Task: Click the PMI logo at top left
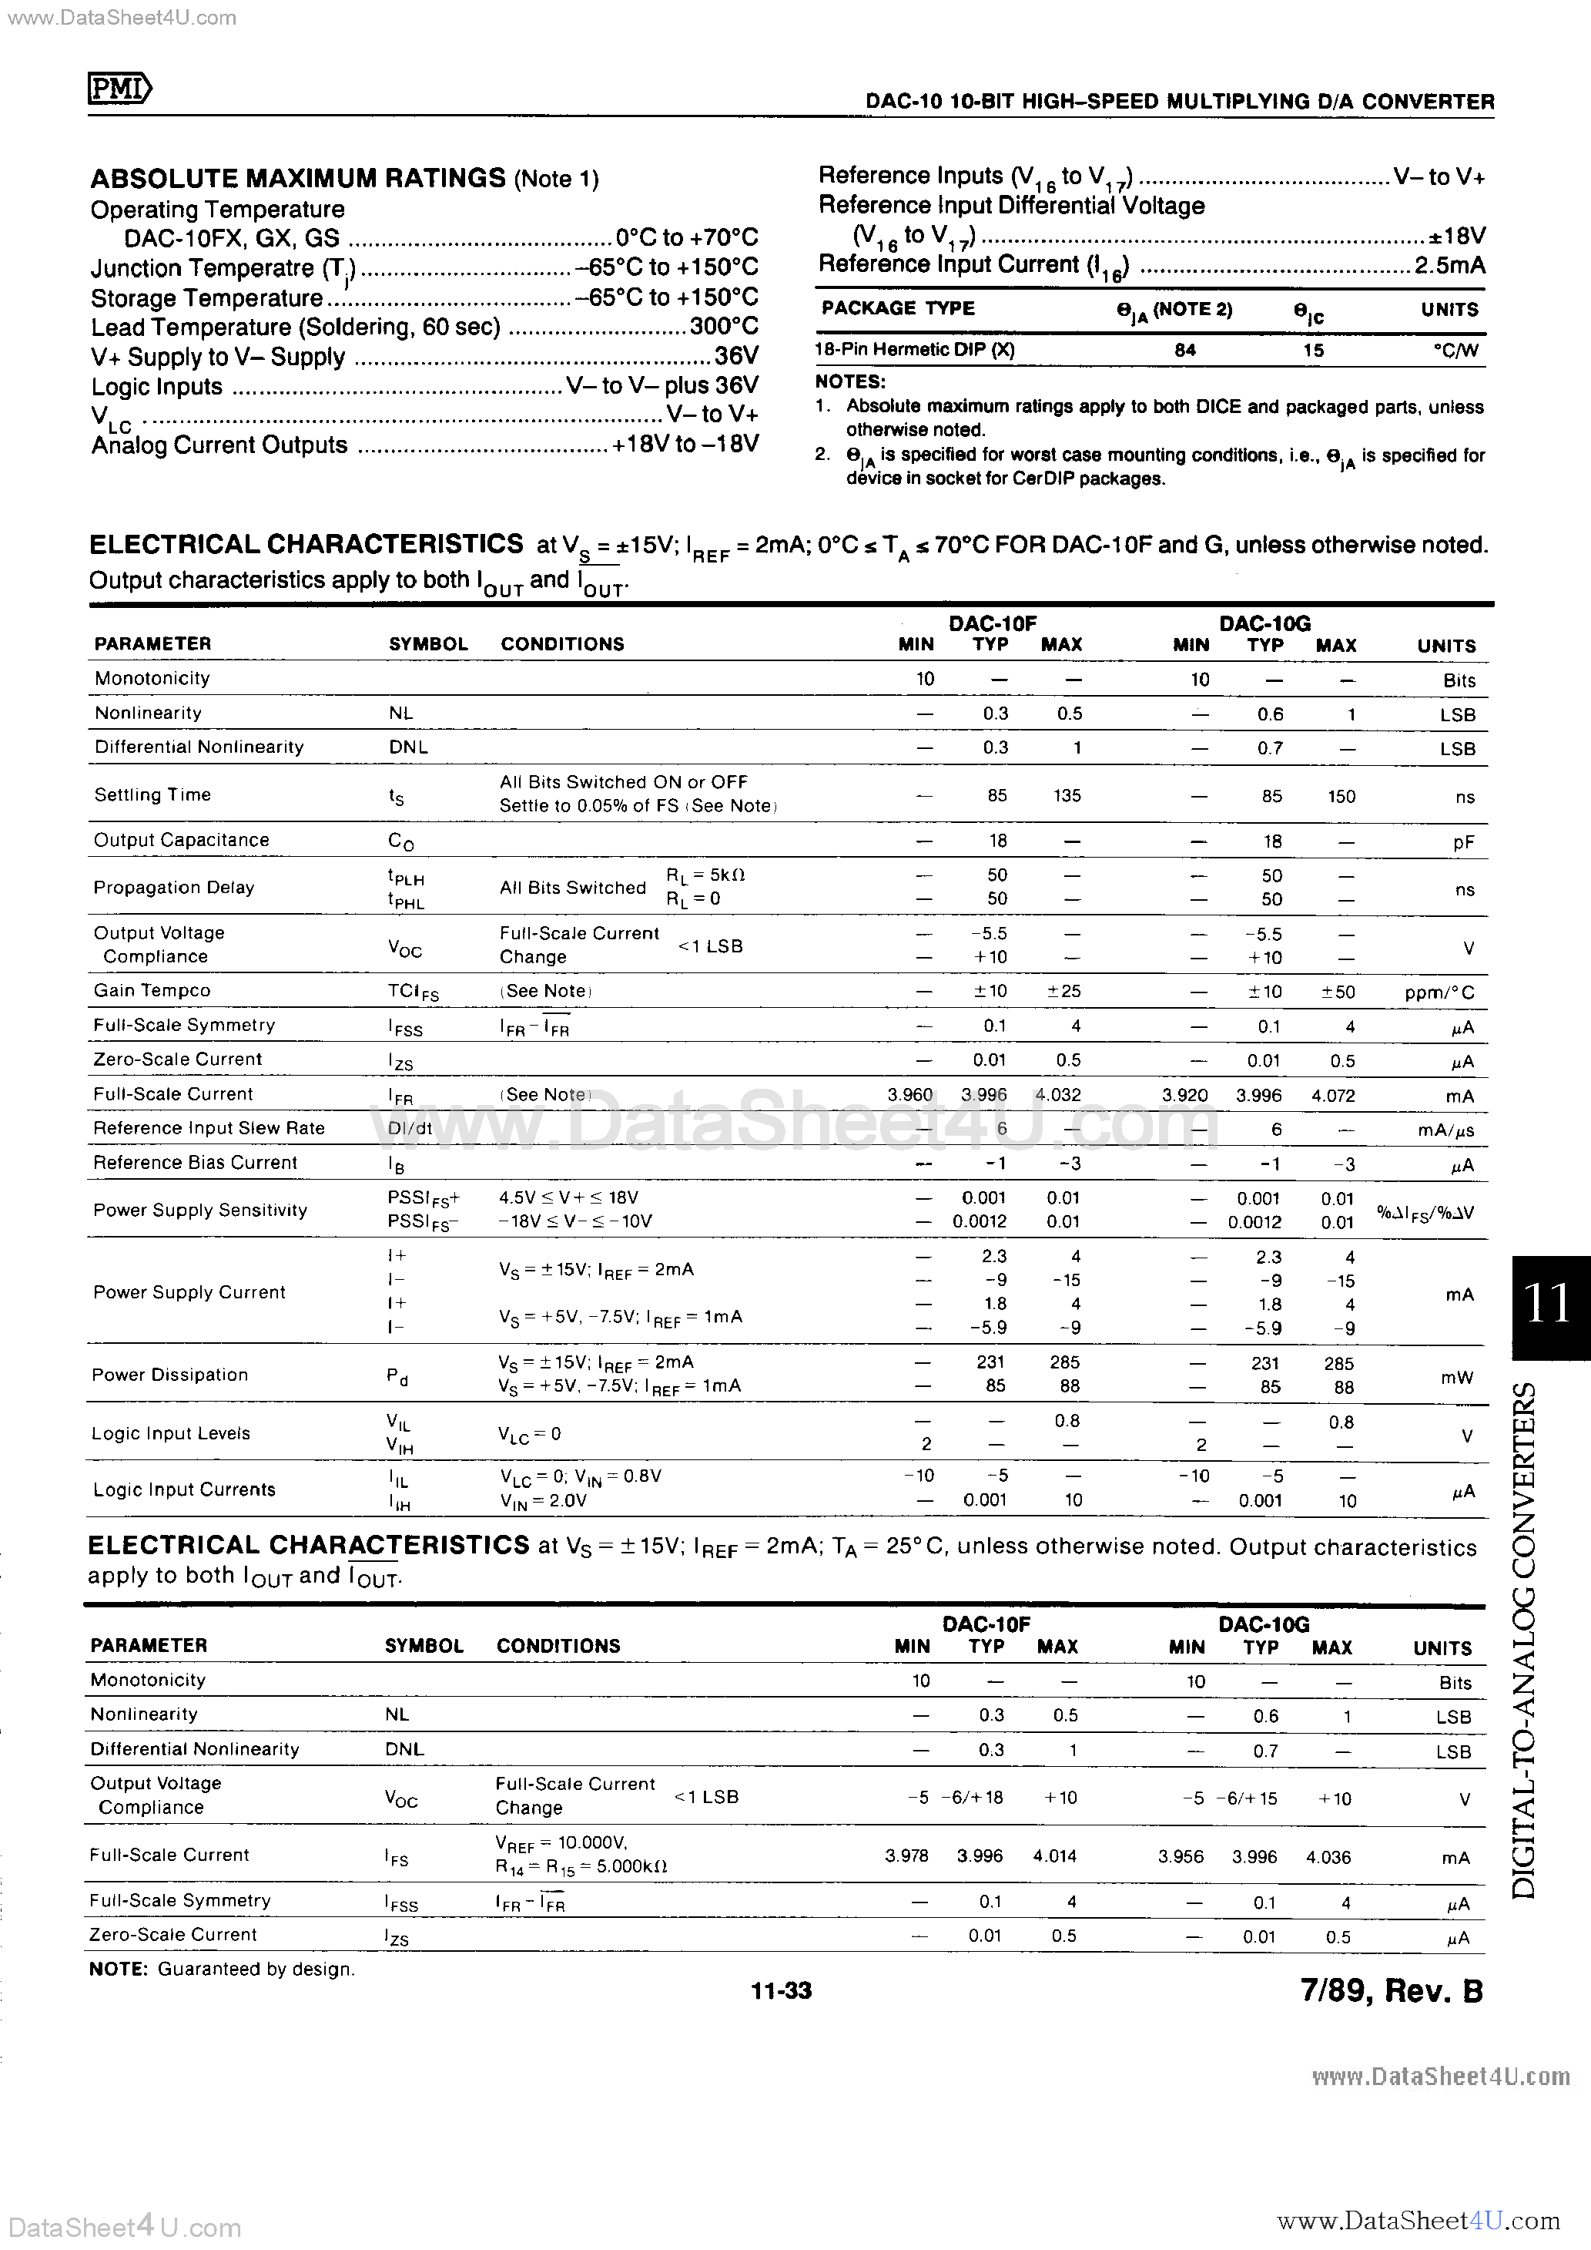119,90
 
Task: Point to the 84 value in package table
1185,350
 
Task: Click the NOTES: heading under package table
850,382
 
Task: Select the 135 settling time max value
1067,796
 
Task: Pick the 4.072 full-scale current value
1333,1096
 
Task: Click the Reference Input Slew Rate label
209,1128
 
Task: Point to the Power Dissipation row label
169,1374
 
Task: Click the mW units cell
1457,1377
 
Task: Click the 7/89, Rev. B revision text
1391,1990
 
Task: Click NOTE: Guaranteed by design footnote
223,1969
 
